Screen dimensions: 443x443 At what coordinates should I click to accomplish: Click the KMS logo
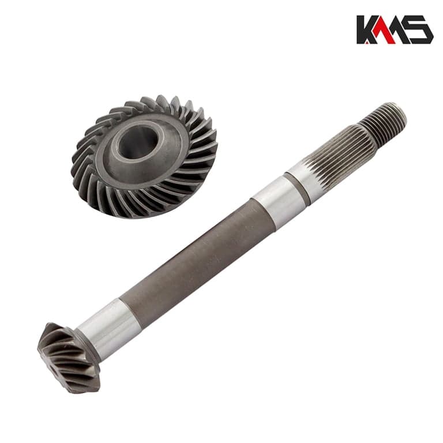(x=395, y=29)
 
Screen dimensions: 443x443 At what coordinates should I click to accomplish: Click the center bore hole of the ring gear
(x=138, y=142)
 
